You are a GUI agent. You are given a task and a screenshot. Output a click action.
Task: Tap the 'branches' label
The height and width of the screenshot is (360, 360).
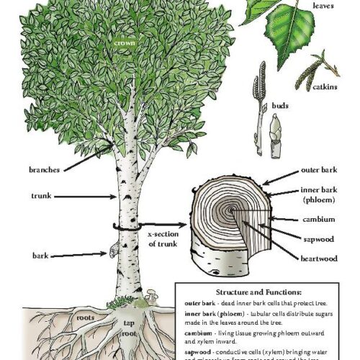pyautogui.click(x=44, y=169)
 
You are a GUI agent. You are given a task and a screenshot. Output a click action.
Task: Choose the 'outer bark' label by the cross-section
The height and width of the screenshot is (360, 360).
pyautogui.click(x=320, y=173)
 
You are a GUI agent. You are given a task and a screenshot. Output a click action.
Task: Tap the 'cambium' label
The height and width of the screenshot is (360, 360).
pyautogui.click(x=320, y=218)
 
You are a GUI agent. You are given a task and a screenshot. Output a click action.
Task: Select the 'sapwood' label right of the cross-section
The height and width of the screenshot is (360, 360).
pyautogui.click(x=320, y=234)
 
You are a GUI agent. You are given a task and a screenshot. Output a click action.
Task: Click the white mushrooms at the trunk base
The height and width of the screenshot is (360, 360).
pyautogui.click(x=153, y=295)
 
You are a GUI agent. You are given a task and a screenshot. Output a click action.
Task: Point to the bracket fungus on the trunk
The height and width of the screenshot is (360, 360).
pyautogui.click(x=112, y=248)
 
